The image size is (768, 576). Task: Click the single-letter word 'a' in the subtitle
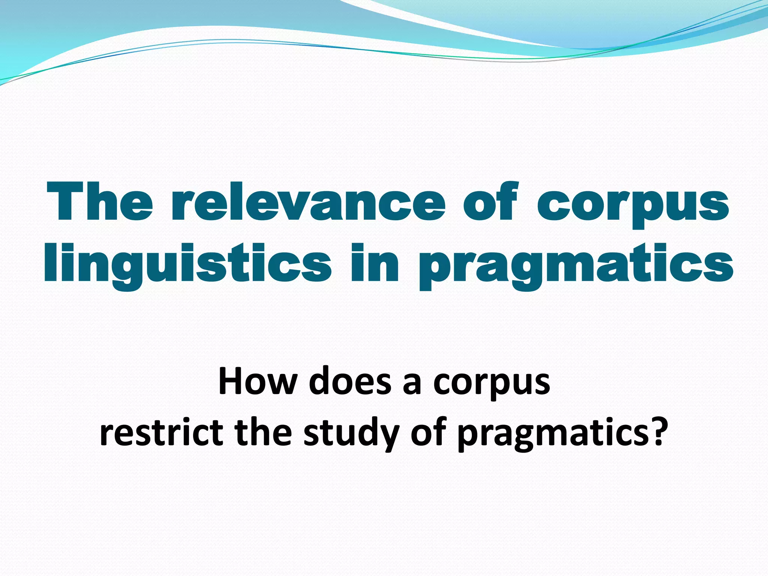(412, 384)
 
